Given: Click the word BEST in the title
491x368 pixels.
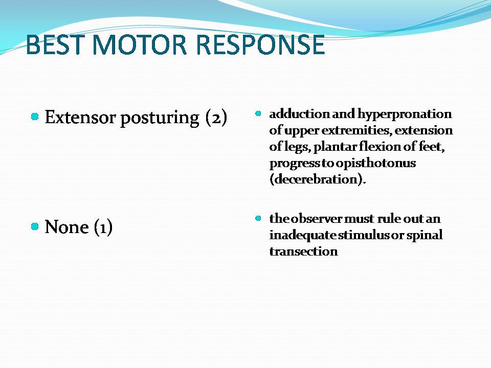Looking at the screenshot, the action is point(55,44).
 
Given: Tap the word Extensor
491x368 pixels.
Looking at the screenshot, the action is point(80,118).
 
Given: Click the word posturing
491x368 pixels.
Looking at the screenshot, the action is point(160,119).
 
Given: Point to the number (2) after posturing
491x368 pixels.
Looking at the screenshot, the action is point(216,118).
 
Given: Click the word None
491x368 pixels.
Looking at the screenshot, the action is point(66,226).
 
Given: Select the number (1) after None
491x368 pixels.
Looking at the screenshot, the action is point(103,227).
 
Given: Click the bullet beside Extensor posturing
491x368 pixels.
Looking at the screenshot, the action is point(35,117).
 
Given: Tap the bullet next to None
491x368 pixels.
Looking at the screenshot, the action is point(35,226).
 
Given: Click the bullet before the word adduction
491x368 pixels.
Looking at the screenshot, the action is point(258,113).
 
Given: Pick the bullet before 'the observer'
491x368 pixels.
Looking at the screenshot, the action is point(258,218).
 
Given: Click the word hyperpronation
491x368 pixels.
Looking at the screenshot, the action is point(405,114).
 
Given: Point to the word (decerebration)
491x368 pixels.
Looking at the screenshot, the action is point(318,179).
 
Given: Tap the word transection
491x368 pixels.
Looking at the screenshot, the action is point(303,251).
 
